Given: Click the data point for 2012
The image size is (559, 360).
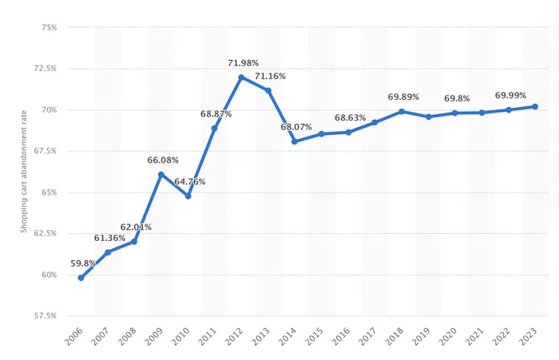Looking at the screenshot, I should point(241,77).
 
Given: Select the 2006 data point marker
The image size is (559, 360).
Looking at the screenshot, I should point(81,278).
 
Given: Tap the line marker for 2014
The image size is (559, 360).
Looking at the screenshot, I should point(295,141).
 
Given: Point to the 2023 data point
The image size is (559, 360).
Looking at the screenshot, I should point(535,106).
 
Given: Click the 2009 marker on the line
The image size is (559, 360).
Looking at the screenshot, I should point(161,175).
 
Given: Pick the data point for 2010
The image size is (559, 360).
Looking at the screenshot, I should point(188,196).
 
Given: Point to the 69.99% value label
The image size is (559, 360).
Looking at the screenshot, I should point(511,95).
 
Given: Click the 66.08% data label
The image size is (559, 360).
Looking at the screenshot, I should point(163,160).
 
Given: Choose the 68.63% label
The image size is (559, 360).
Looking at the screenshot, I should point(350,118).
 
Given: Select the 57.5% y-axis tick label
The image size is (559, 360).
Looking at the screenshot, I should point(43,316).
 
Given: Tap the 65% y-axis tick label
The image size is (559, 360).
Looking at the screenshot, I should point(47,192).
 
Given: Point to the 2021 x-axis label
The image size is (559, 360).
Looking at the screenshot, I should point(479,340).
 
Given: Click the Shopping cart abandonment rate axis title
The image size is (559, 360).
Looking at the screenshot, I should point(24,172).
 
